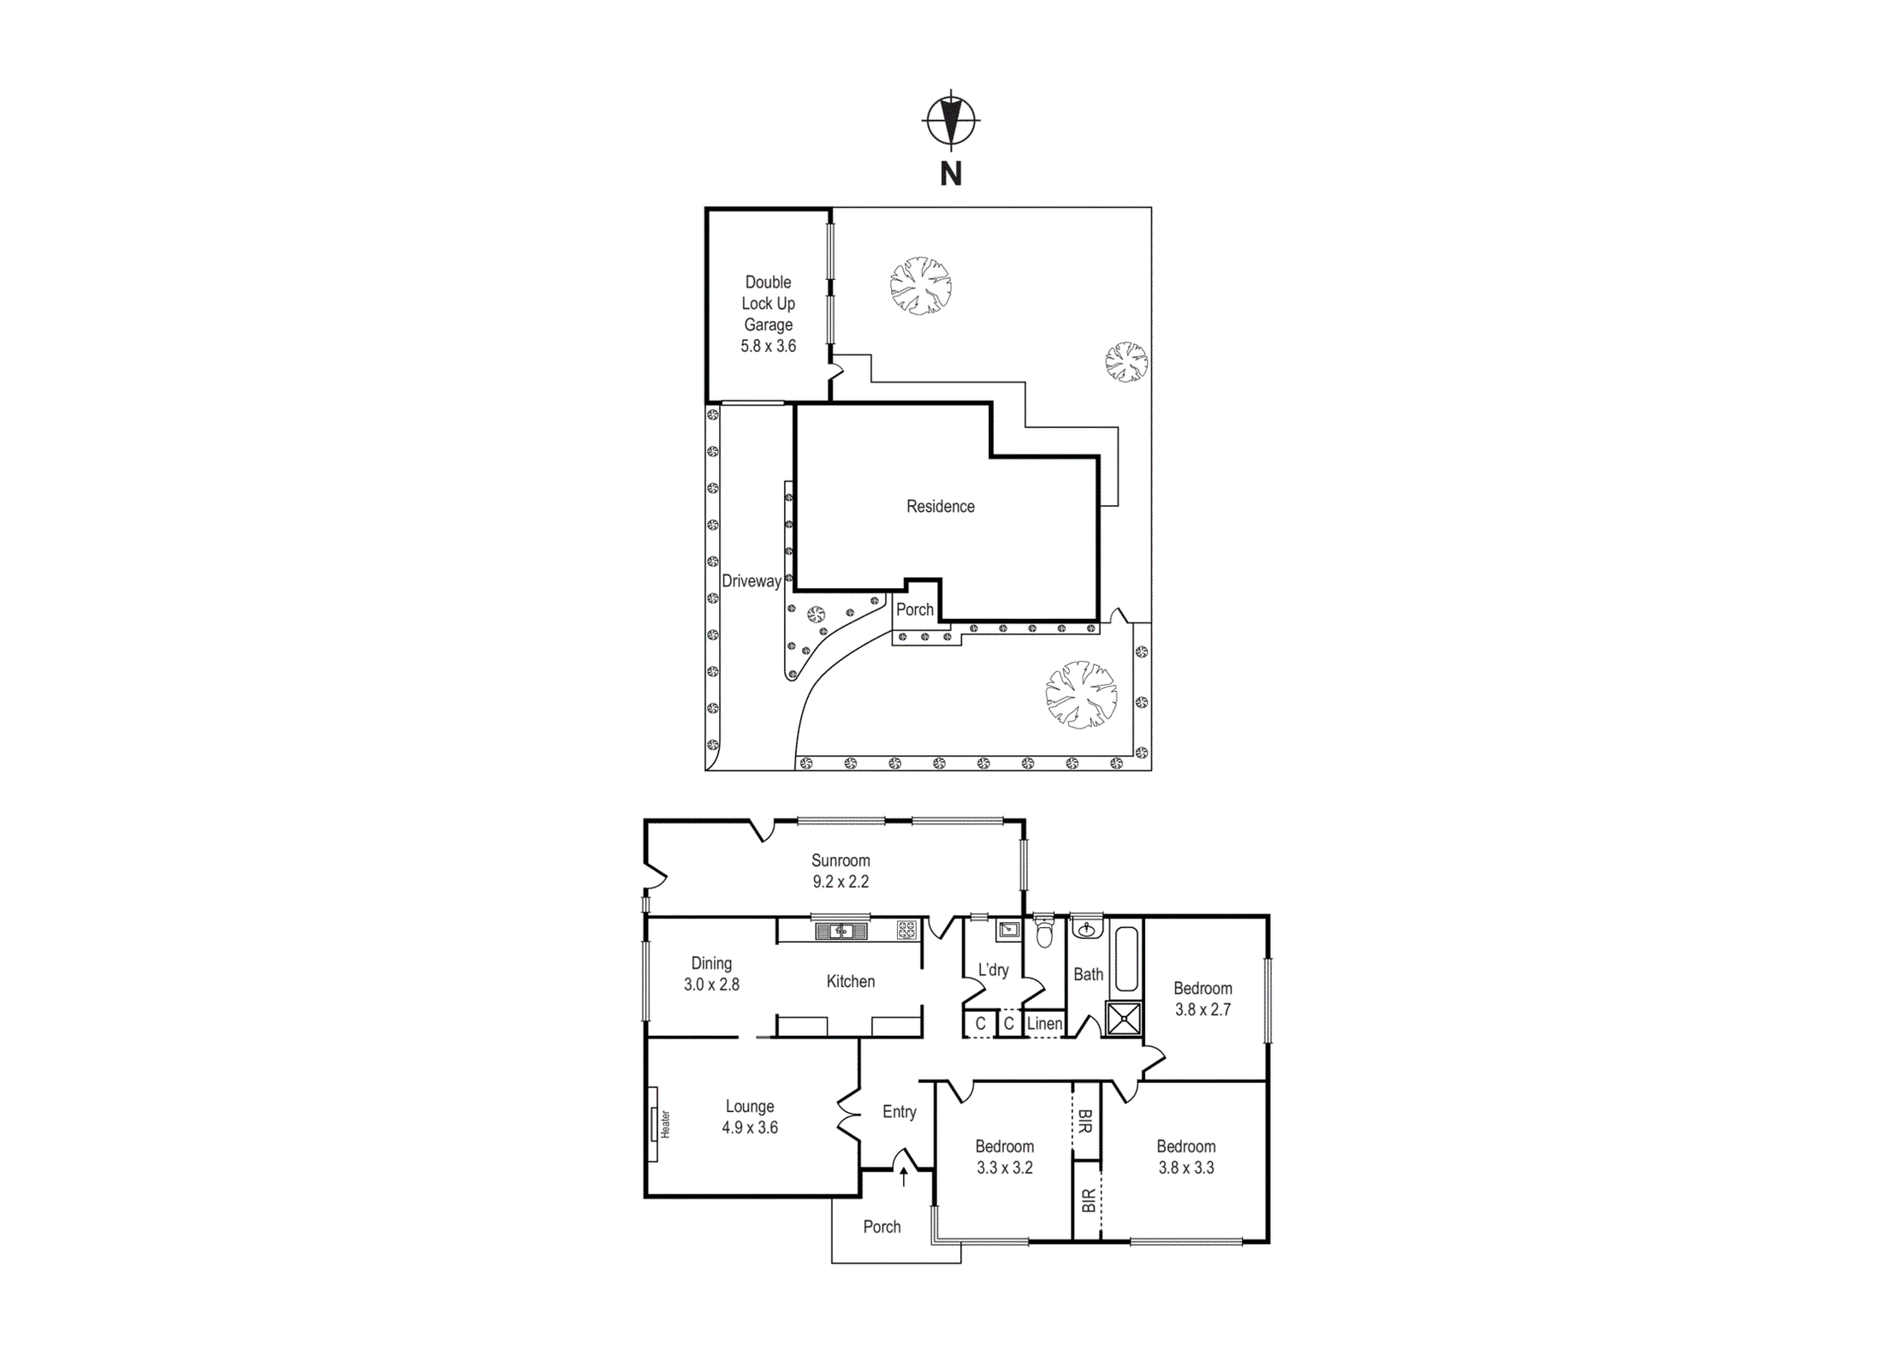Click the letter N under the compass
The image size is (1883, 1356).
click(951, 174)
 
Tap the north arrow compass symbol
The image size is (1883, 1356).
click(951, 121)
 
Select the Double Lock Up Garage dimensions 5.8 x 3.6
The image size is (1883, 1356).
click(769, 346)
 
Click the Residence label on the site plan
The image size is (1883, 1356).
click(941, 506)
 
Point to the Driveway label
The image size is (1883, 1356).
click(751, 580)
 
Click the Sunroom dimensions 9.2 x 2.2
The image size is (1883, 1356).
click(841, 882)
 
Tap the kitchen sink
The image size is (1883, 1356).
click(841, 931)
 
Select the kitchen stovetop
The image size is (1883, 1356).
click(906, 930)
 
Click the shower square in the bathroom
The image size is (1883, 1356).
click(1124, 1019)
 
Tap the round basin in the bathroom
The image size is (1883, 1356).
click(1087, 929)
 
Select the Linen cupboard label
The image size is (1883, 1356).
click(1044, 1023)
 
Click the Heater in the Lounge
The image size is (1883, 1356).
click(653, 1124)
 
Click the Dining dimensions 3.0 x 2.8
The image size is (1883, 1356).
click(711, 984)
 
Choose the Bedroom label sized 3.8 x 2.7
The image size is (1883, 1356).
click(1203, 988)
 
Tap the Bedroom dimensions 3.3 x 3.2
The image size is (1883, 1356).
click(1005, 1168)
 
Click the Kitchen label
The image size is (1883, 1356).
click(851, 981)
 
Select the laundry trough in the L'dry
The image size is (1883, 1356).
click(1009, 930)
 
